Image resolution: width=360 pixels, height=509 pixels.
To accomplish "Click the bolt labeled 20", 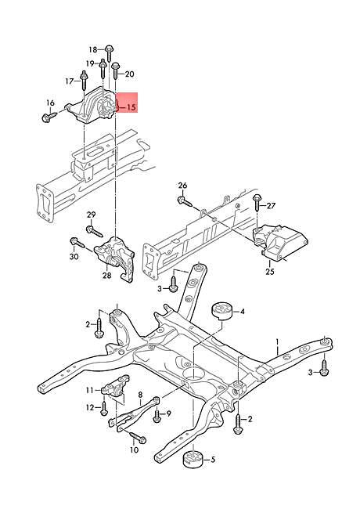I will point(115,74).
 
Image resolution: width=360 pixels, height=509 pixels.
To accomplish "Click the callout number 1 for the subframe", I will point(276,342).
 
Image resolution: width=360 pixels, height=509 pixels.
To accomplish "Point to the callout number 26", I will point(182,186).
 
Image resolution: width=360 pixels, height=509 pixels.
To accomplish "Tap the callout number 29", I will point(91,215).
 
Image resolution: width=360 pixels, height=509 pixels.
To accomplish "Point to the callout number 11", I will point(89,389).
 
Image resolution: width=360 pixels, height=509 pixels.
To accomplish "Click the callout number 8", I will point(140,395).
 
